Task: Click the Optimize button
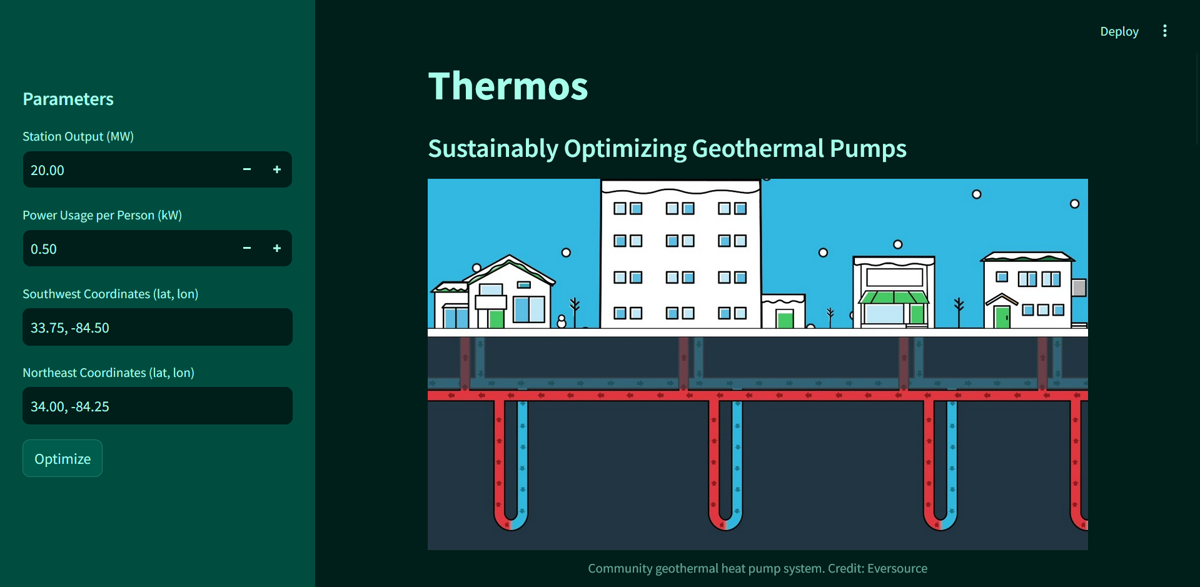tap(63, 458)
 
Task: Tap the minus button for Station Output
tap(247, 169)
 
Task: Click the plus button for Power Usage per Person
tap(277, 248)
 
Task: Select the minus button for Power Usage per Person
tap(247, 248)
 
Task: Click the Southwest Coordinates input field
tap(157, 327)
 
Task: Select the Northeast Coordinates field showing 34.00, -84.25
tap(157, 406)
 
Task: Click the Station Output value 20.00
tap(48, 170)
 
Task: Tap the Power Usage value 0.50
tap(44, 249)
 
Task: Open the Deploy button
tap(1119, 31)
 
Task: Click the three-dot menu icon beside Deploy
tap(1164, 31)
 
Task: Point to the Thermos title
tap(508, 86)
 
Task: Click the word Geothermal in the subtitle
tap(758, 149)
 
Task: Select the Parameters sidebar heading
tap(68, 99)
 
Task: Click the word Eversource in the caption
tap(897, 568)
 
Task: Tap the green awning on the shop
tap(894, 297)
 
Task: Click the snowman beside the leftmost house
tap(562, 321)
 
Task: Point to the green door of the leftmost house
tap(497, 319)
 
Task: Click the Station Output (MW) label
tap(78, 136)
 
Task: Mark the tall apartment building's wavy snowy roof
tap(680, 186)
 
